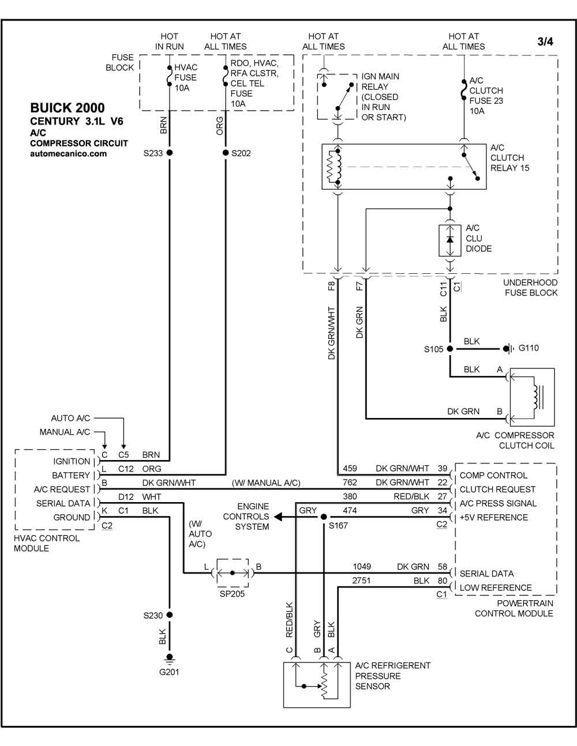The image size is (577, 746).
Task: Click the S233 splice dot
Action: click(169, 152)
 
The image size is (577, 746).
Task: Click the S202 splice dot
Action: click(225, 152)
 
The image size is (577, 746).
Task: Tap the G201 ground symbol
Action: click(169, 658)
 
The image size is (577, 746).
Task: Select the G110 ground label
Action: click(528, 348)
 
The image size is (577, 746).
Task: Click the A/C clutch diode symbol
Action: click(450, 240)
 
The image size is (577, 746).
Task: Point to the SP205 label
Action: click(232, 594)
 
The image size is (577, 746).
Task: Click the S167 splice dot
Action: click(324, 517)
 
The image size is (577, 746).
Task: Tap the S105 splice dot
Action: click(450, 348)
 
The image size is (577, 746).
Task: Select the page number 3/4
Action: click(545, 42)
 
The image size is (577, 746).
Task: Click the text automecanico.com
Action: click(68, 153)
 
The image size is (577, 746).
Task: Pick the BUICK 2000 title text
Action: click(68, 108)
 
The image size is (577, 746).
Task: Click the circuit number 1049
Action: click(362, 567)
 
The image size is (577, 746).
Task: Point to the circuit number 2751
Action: click(361, 581)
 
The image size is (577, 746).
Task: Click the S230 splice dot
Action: click(169, 615)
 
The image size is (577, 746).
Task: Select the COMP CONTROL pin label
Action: click(493, 475)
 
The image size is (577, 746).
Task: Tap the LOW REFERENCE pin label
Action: click(496, 587)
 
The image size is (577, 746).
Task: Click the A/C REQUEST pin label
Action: click(62, 489)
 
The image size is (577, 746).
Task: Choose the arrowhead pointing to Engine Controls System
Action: click(278, 517)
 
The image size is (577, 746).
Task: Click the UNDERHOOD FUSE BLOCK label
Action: click(531, 288)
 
